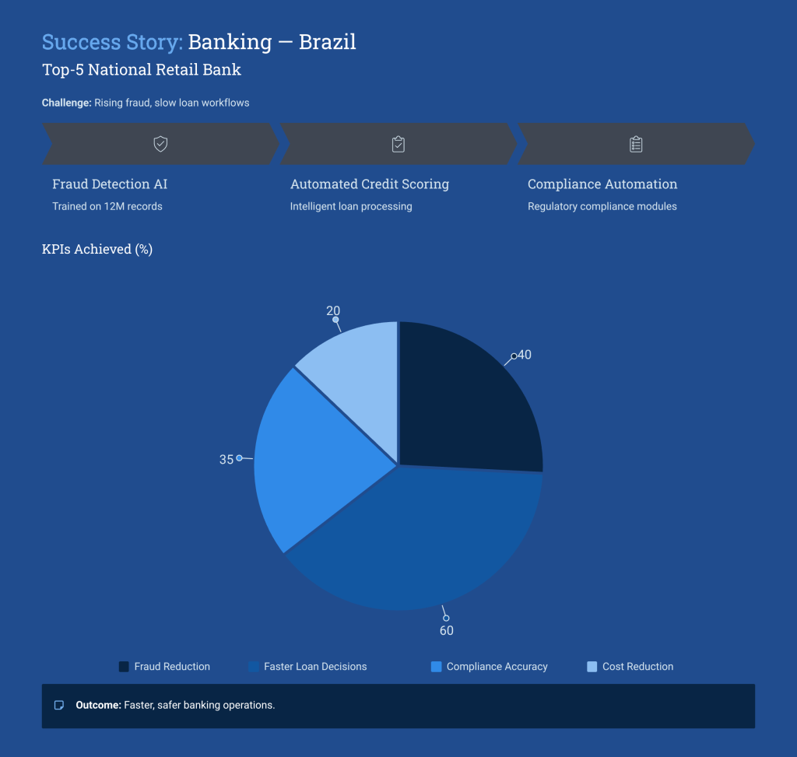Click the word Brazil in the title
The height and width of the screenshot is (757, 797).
327,41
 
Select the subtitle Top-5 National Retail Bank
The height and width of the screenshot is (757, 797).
142,70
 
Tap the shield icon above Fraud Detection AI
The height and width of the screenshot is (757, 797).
160,144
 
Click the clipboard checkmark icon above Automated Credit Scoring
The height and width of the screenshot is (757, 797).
398,144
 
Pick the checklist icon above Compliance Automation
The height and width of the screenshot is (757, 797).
636,144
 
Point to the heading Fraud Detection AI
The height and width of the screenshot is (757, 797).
110,184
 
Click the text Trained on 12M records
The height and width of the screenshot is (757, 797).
107,207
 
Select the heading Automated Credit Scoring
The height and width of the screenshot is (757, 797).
370,184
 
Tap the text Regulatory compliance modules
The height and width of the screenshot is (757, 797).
602,207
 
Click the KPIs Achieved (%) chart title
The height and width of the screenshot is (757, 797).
97,250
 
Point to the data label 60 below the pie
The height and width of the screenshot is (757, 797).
447,631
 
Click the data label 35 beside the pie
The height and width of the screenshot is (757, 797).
226,460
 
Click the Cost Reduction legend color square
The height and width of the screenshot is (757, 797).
592,667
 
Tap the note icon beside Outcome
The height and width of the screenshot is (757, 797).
58,706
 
